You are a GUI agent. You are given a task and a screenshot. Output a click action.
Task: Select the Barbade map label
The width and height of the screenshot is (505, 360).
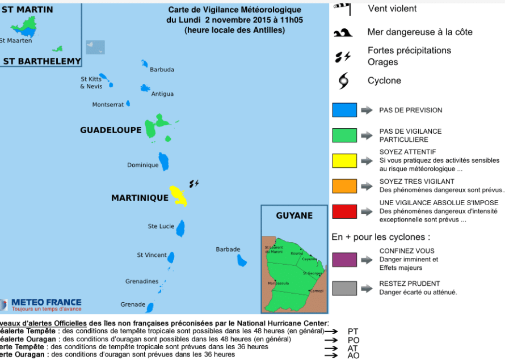228,249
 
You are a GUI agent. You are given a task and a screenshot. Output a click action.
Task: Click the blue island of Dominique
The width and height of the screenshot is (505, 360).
164,162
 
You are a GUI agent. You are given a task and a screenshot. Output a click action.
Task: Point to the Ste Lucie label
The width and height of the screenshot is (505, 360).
161,226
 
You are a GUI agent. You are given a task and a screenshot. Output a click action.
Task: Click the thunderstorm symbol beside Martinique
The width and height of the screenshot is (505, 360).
194,183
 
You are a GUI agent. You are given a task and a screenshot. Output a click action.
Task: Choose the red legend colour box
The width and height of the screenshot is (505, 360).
344,211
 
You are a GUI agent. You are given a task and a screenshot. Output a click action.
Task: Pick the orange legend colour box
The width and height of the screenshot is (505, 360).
344,186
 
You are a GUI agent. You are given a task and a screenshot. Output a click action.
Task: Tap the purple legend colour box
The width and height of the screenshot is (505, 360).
344,259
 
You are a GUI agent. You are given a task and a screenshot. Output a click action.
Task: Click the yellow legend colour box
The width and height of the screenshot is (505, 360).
344,160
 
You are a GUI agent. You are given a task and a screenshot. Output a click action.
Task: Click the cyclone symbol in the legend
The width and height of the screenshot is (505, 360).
344,81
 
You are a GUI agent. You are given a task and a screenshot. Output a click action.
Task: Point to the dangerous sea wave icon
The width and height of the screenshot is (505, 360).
342,33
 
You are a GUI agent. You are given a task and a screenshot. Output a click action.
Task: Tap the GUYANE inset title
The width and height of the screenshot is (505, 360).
294,215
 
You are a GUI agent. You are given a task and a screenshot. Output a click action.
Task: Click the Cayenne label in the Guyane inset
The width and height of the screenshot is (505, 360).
309,259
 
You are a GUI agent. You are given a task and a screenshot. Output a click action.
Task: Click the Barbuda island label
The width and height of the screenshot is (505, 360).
162,70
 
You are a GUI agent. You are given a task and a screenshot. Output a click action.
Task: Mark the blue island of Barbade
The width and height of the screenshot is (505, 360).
242,260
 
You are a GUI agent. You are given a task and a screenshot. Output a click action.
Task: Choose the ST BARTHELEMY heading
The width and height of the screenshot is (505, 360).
42,61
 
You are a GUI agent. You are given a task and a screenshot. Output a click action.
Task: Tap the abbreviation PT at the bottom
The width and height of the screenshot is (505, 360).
353,331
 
